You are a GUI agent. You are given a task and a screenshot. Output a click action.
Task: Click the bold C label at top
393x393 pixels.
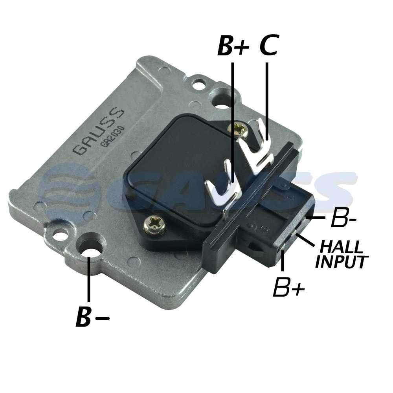269,45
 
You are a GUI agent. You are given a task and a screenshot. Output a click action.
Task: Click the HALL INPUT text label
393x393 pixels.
342,254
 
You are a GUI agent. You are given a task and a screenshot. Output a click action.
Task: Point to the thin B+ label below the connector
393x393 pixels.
289,286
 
